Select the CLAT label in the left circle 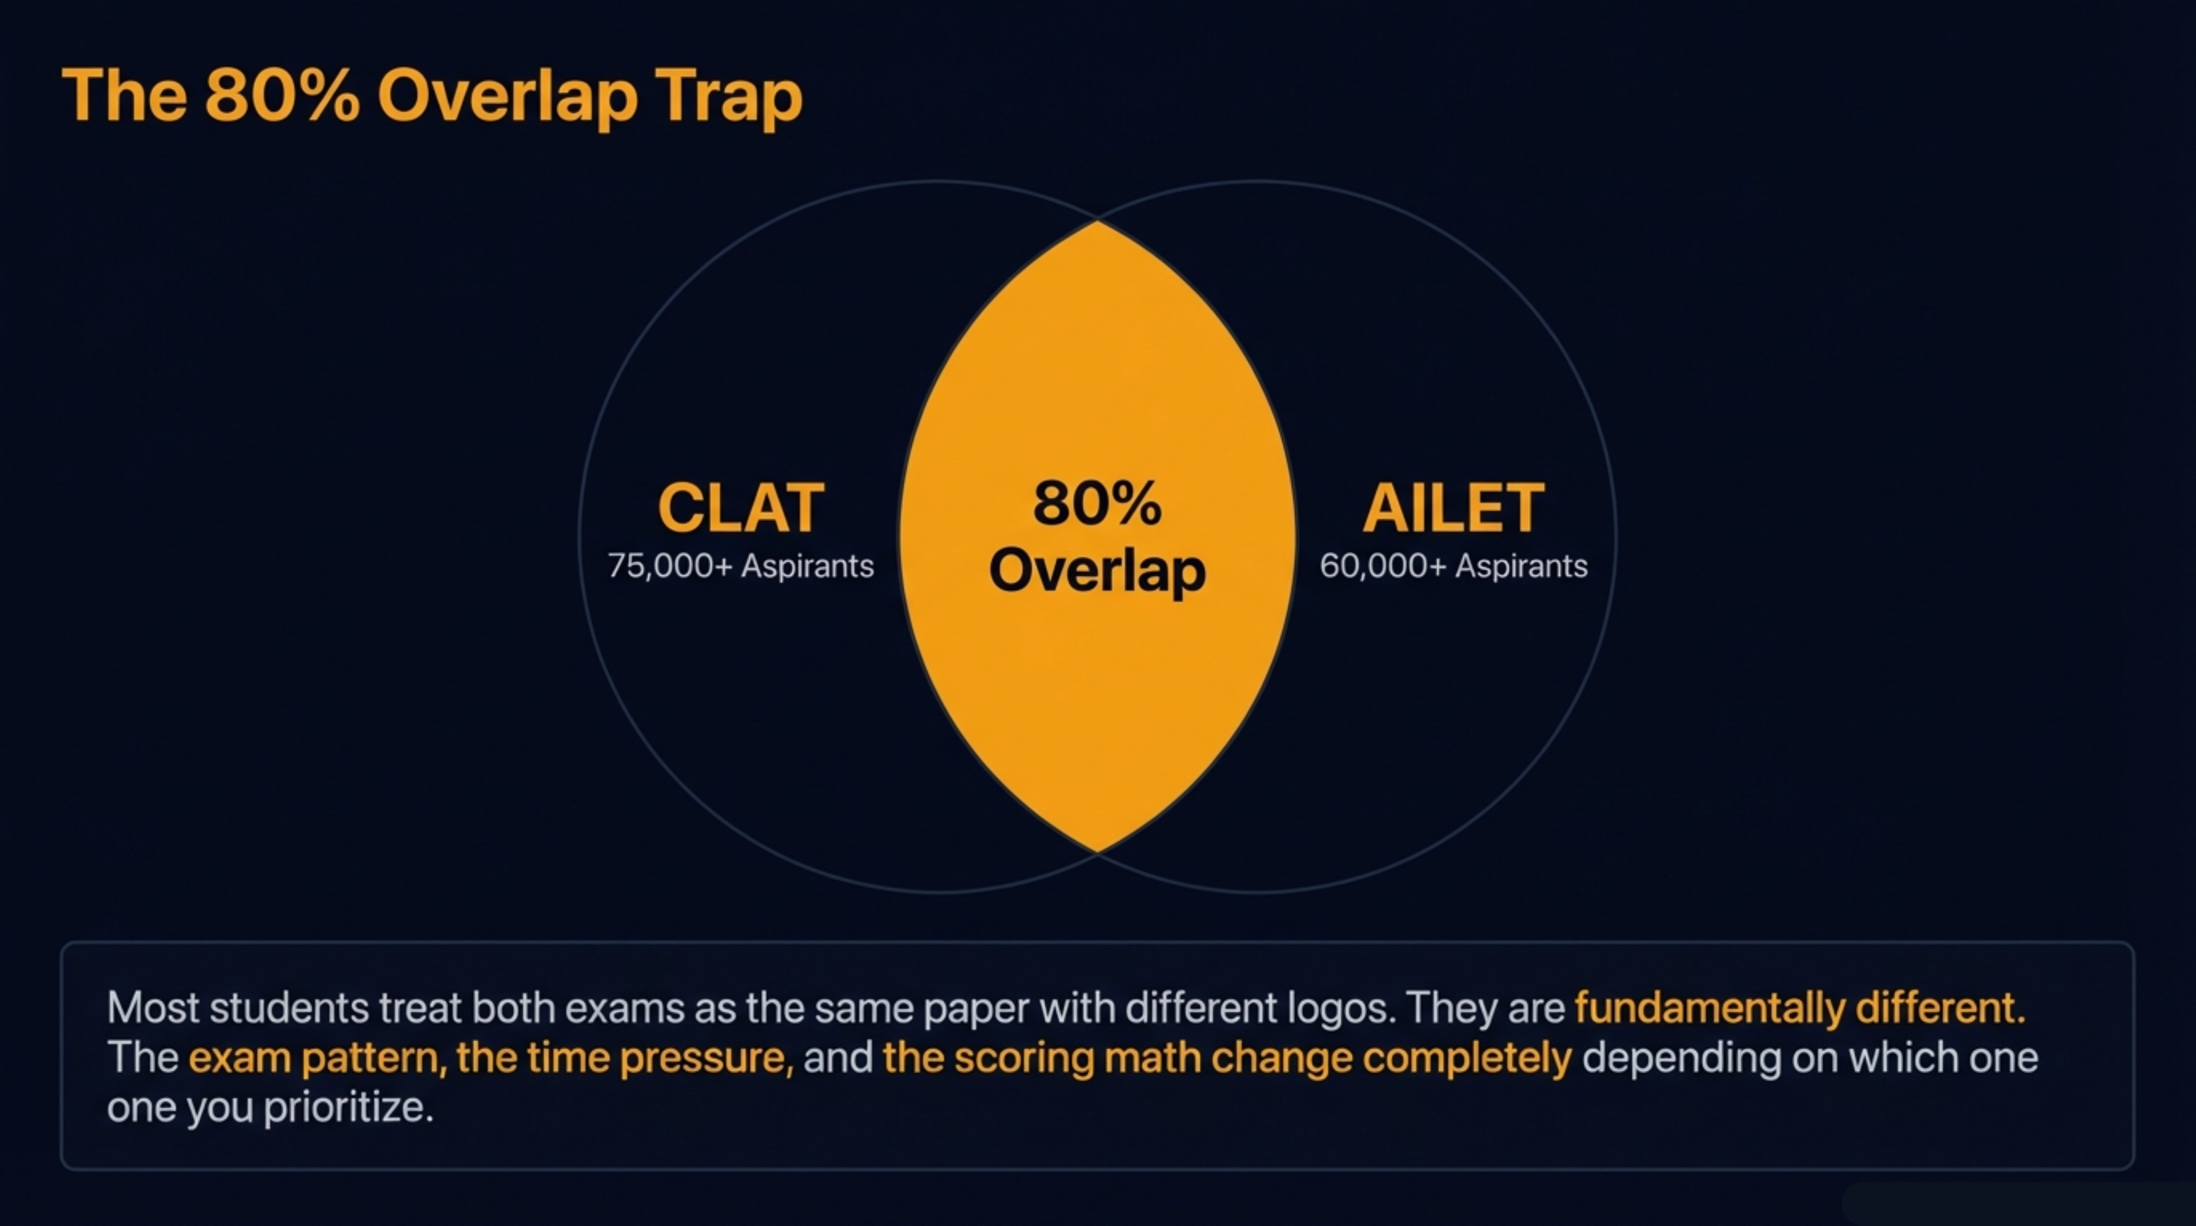[x=741, y=508]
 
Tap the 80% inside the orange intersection [x=1097, y=503]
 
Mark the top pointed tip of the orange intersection [x=1097, y=223]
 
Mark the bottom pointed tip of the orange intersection [x=1097, y=849]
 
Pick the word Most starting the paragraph [x=153, y=1008]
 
